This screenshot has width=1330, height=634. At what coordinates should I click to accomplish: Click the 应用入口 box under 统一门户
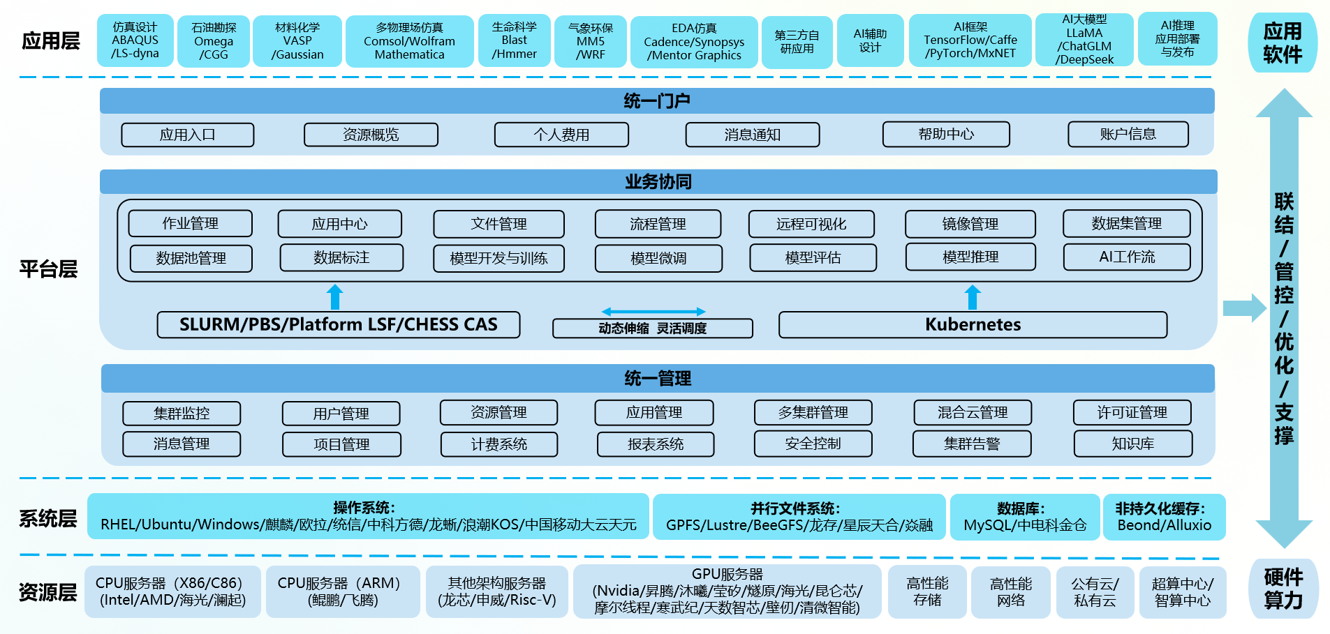[x=187, y=135]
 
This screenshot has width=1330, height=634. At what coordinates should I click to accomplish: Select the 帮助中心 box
[x=945, y=134]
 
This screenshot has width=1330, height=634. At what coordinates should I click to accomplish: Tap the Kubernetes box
[x=973, y=324]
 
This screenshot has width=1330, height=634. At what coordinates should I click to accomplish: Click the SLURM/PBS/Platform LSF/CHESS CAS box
[x=338, y=324]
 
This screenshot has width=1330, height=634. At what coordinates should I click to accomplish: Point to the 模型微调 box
[x=658, y=258]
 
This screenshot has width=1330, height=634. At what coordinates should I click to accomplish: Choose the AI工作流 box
[x=1126, y=257]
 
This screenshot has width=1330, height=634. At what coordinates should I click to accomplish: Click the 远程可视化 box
[x=811, y=224]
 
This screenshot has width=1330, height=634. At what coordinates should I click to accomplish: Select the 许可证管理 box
[x=1132, y=412]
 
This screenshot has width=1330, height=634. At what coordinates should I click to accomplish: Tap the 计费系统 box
[x=498, y=444]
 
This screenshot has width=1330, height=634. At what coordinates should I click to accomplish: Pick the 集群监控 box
[x=182, y=413]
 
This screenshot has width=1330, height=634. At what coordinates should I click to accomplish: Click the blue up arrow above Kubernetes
[x=973, y=297]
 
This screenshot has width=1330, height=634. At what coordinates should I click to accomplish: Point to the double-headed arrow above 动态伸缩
[x=653, y=312]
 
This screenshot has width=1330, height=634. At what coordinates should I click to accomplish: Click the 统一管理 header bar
[x=657, y=378]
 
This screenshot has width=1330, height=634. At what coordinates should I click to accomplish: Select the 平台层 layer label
[x=48, y=269]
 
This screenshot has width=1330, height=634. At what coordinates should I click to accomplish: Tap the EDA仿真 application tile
[x=693, y=42]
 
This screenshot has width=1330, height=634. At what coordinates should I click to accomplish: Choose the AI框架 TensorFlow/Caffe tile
[x=970, y=40]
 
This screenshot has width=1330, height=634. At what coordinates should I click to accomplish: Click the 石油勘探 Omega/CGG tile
[x=213, y=41]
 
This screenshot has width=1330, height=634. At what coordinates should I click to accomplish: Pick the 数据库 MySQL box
[x=1024, y=518]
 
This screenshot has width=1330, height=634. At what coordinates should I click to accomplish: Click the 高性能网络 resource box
[x=1010, y=592]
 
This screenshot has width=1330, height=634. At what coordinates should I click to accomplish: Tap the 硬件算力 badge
[x=1283, y=589]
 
